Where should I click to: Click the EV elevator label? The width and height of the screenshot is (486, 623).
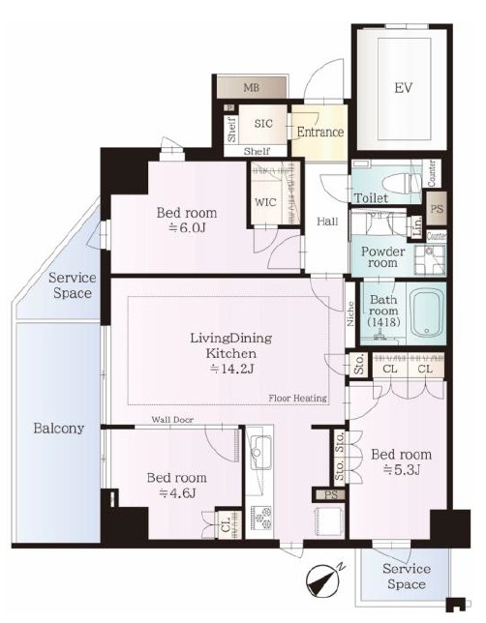404,87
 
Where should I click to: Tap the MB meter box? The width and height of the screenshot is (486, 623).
252,87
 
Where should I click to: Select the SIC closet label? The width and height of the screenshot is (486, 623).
263,123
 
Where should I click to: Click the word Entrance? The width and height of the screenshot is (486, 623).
320,132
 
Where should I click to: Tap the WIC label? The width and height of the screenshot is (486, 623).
265,202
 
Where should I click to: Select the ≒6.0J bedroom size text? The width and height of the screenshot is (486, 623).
187,228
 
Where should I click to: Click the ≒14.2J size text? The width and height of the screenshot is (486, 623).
231,370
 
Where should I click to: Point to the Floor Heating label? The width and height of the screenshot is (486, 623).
298,398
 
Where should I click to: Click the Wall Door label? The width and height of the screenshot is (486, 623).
172,420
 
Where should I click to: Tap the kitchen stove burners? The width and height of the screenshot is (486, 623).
259,518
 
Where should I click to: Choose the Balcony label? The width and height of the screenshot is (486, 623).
58,429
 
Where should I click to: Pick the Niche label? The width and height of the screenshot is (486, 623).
350,313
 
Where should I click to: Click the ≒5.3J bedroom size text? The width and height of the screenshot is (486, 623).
401,470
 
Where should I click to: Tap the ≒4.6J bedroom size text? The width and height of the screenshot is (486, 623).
176,493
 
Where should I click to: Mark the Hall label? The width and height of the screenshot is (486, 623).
327,222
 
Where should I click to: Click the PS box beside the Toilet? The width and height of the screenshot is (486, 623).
437,208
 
